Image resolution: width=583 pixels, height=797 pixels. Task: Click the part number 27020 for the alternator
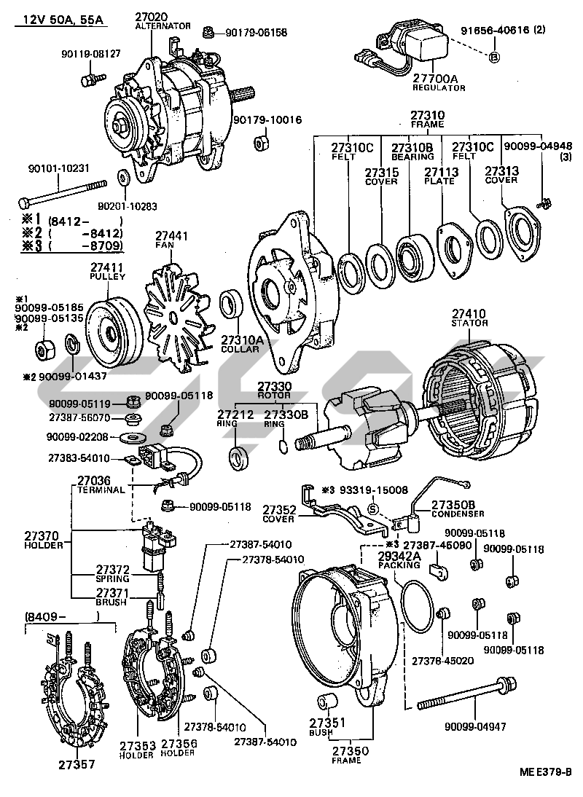tap(152, 16)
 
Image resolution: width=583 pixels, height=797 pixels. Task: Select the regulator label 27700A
tap(437, 78)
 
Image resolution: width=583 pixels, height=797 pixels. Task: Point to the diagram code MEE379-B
tap(545, 773)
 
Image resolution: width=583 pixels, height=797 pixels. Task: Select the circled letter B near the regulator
tap(493, 58)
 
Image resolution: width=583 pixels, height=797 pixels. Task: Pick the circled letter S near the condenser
tap(372, 509)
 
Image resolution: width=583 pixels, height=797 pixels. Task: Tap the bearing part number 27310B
tap(412, 147)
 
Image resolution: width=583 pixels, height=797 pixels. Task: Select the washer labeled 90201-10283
tap(121, 176)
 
